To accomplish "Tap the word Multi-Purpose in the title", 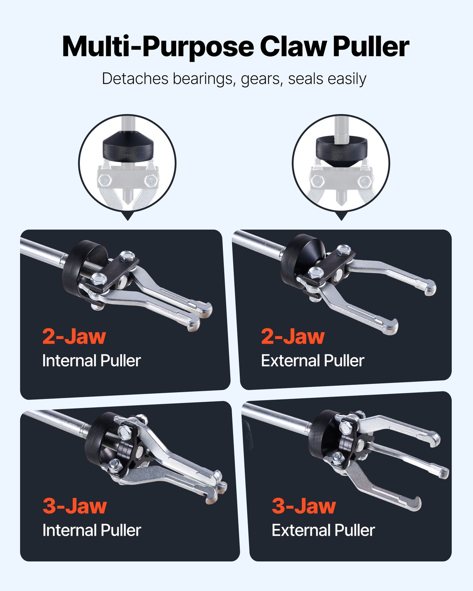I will [158, 47].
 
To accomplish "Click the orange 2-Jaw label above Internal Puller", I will [74, 336].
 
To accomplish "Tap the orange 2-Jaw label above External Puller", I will [293, 336].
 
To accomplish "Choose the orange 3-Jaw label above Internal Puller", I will [75, 506].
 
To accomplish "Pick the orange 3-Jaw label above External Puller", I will [304, 506].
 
